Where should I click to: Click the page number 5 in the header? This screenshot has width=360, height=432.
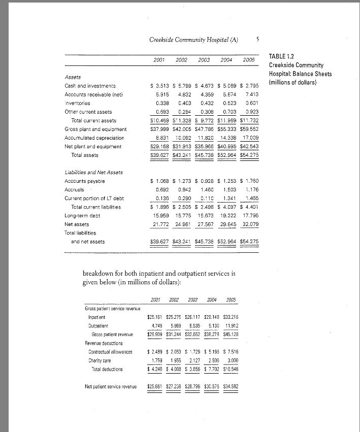point(258,40)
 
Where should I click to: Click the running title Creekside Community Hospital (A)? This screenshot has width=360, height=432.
point(195,40)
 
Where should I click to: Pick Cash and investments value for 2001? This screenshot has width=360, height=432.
point(161,86)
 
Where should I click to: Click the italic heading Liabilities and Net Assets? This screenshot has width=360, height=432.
point(94,172)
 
